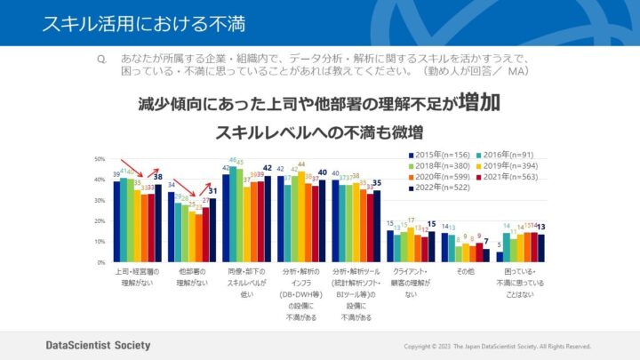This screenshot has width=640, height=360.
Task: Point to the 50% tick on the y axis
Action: coord(100,158)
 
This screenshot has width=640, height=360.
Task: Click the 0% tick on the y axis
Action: coord(101,263)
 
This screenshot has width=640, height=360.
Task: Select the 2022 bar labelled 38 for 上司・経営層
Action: coord(158,223)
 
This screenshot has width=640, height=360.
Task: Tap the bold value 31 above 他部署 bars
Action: coord(212,190)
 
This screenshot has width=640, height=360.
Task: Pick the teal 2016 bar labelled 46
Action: coord(233,214)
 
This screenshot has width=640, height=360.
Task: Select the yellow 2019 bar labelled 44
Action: coord(301,217)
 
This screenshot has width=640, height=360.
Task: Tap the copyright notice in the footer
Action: coord(497,346)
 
